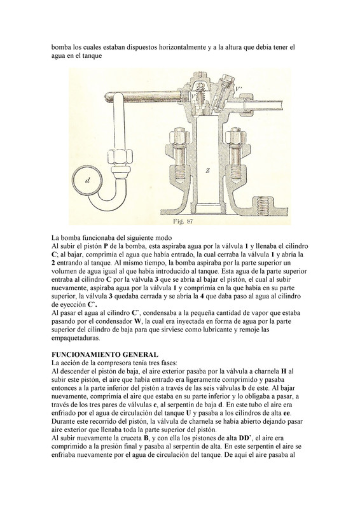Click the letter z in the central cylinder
tap(207, 172)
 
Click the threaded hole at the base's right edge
tap(264, 204)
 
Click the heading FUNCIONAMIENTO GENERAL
tap(105, 354)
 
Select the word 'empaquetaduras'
tap(76, 338)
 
